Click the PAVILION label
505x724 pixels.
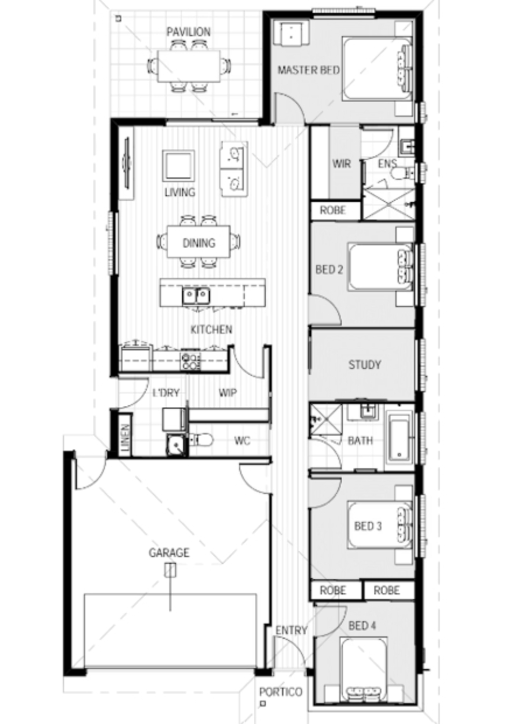pos(188,32)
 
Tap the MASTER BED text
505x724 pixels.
pos(308,70)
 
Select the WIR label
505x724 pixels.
pos(341,164)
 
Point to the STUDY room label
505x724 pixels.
pos(364,364)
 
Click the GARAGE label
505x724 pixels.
pos(169,553)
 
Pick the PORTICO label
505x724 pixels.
pos(280,692)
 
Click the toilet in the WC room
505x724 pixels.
pos(202,440)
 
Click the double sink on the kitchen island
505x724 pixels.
pos(196,295)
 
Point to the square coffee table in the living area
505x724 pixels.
pos(179,166)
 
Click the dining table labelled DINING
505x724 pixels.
pos(199,243)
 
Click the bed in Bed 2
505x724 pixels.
pos(381,268)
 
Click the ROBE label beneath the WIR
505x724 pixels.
pos(333,210)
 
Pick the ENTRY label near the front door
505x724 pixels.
pos(291,630)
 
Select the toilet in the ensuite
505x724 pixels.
pos(399,174)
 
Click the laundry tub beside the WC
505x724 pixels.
pos(176,445)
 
